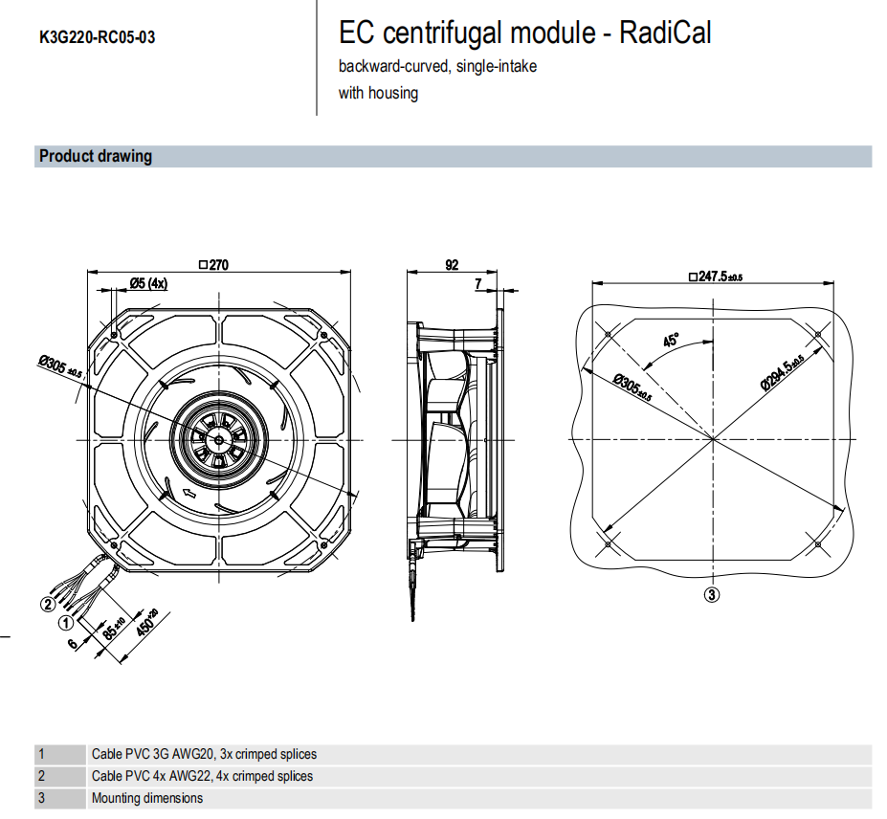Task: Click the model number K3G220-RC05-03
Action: pyautogui.click(x=98, y=38)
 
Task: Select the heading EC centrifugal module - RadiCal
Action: pyautogui.click(x=525, y=33)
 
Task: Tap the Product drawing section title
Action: pyautogui.click(x=96, y=156)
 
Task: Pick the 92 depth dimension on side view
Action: pyautogui.click(x=452, y=265)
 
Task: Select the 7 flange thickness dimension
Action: pyautogui.click(x=477, y=284)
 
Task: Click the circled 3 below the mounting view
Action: pyautogui.click(x=712, y=594)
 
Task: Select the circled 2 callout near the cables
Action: pyautogui.click(x=46, y=603)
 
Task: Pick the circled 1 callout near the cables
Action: pyautogui.click(x=66, y=622)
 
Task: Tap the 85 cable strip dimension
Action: pyautogui.click(x=114, y=631)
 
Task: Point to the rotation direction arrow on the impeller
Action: pyautogui.click(x=188, y=494)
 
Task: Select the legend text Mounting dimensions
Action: pyautogui.click(x=147, y=798)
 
